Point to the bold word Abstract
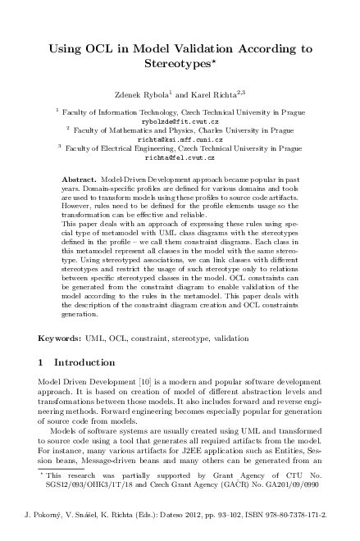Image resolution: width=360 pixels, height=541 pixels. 80,178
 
